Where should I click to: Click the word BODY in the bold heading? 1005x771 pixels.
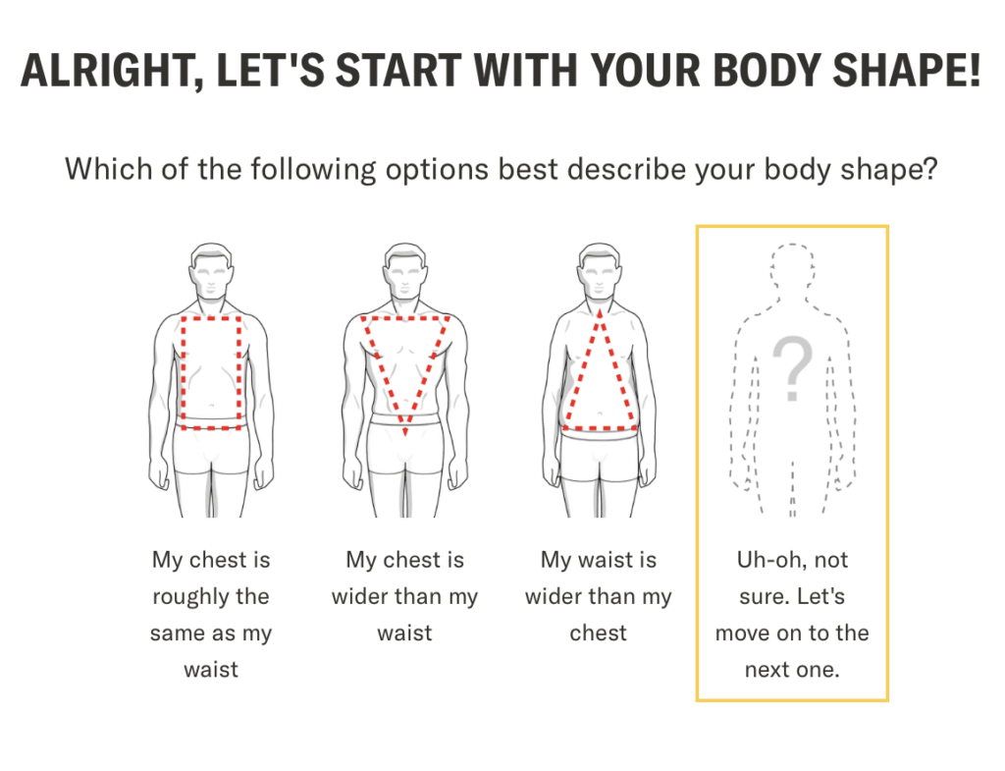coord(764,70)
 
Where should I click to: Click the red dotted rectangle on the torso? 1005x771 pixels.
coord(183,372)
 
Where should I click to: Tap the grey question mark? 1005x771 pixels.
coord(793,368)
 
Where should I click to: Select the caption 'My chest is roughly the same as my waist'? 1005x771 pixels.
coord(211,615)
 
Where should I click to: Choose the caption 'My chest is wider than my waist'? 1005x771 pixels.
coord(405,596)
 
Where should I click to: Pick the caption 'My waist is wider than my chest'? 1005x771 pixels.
coord(599,596)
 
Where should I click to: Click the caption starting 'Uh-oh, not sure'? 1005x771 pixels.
coord(792,615)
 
